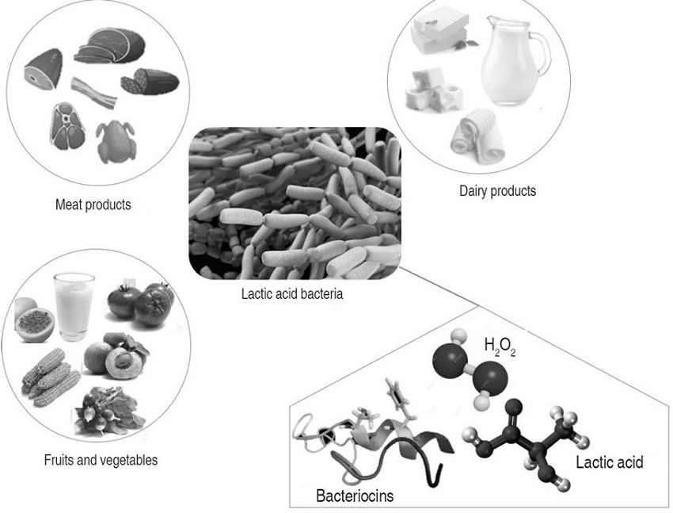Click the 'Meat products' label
coord(93,205)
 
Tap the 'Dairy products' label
coord(497,190)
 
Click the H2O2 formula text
coord(499,346)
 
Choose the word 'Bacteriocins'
coord(355,497)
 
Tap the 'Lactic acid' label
coord(609,462)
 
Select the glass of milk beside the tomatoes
coord(74,305)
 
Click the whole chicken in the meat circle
coord(116,141)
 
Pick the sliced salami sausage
coord(150,81)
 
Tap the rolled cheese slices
coord(473,133)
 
